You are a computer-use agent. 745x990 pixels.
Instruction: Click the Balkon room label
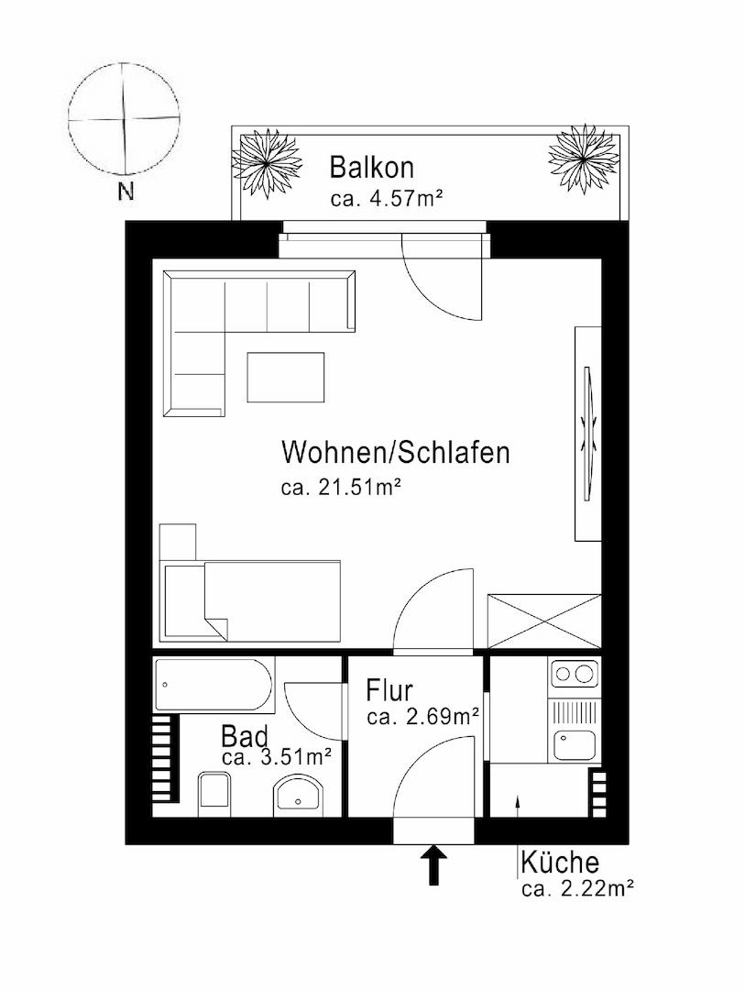[372, 168]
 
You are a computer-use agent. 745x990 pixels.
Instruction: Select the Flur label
[390, 689]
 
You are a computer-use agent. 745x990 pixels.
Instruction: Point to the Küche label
[560, 863]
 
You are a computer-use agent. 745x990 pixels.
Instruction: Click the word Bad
[244, 737]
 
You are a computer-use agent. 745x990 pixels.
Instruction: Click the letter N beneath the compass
[126, 192]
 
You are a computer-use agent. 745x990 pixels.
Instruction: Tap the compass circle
[123, 118]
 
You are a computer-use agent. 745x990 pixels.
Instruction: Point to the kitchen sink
[575, 744]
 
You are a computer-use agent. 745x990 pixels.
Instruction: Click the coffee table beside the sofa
[285, 377]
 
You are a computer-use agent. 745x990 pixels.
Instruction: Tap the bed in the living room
[250, 600]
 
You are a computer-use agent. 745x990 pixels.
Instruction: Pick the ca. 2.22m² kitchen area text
[578, 888]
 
